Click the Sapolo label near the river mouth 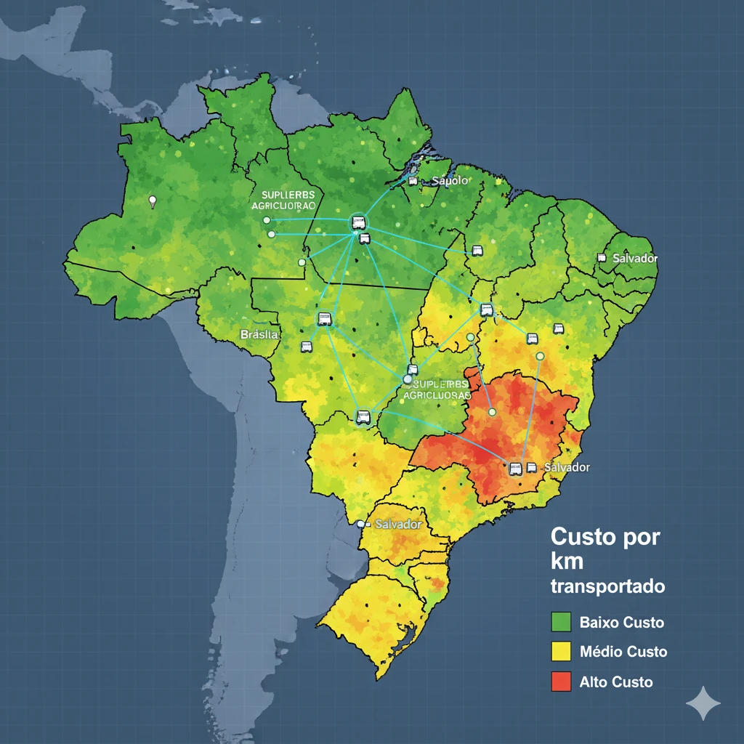click(x=450, y=180)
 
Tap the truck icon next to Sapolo click(x=413, y=181)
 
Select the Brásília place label click(x=259, y=334)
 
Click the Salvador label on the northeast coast click(x=634, y=258)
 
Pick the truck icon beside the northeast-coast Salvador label click(x=601, y=257)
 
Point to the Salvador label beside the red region click(x=567, y=467)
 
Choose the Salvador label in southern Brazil click(x=398, y=524)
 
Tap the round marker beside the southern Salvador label click(x=360, y=523)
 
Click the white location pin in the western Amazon click(x=152, y=201)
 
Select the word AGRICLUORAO click(x=278, y=206)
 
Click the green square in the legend click(x=562, y=622)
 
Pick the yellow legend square click(x=562, y=652)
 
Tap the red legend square click(x=562, y=682)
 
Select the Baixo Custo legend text click(x=621, y=623)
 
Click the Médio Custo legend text click(x=623, y=652)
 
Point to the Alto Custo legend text click(x=616, y=682)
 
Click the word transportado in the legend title click(x=607, y=586)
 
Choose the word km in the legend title click(x=567, y=562)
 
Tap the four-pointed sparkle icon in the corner click(x=703, y=703)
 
